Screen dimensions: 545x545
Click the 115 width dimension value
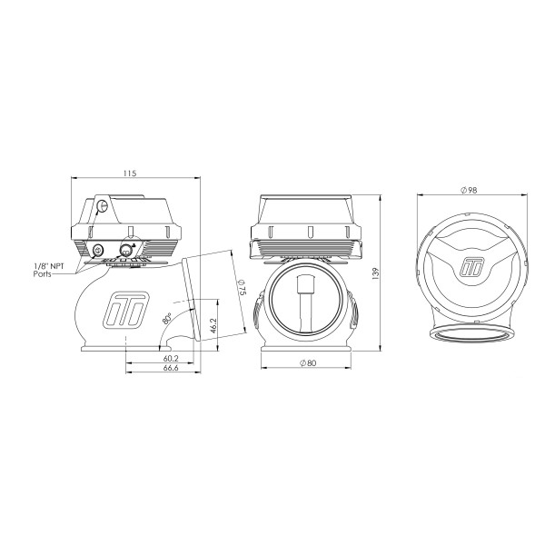tap(130, 173)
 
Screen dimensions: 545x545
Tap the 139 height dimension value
tap(375, 273)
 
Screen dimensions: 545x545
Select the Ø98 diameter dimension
tap(469, 190)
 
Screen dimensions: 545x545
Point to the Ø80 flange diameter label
tap(308, 362)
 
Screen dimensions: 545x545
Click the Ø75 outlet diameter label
tap(242, 288)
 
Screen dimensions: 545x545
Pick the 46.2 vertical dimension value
tap(213, 326)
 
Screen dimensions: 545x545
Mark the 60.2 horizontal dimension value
tap(171, 359)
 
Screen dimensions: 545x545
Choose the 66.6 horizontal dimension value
tap(171, 368)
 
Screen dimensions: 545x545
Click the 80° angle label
tap(167, 319)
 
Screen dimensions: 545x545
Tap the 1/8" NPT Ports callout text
tap(49, 270)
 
